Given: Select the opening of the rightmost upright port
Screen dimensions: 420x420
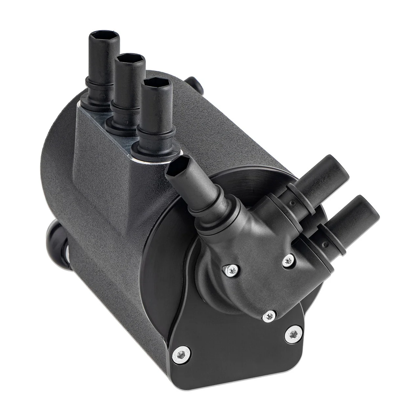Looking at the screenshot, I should pyautogui.click(x=156, y=83).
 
